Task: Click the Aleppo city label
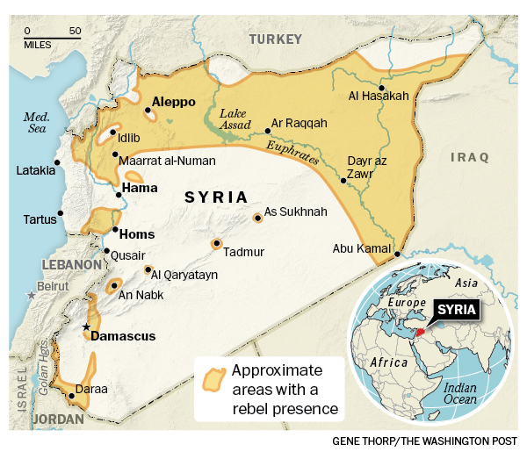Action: tap(173, 102)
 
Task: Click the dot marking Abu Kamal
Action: tap(397, 255)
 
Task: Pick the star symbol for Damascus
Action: tap(86, 326)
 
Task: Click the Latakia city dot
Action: tap(57, 161)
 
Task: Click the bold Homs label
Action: tap(136, 233)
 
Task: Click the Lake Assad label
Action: tap(234, 118)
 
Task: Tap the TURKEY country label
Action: tap(275, 39)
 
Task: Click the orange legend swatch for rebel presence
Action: tap(211, 379)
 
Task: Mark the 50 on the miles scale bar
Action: tap(76, 31)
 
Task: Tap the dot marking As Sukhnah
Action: tap(256, 217)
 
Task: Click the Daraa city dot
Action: tap(71, 396)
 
